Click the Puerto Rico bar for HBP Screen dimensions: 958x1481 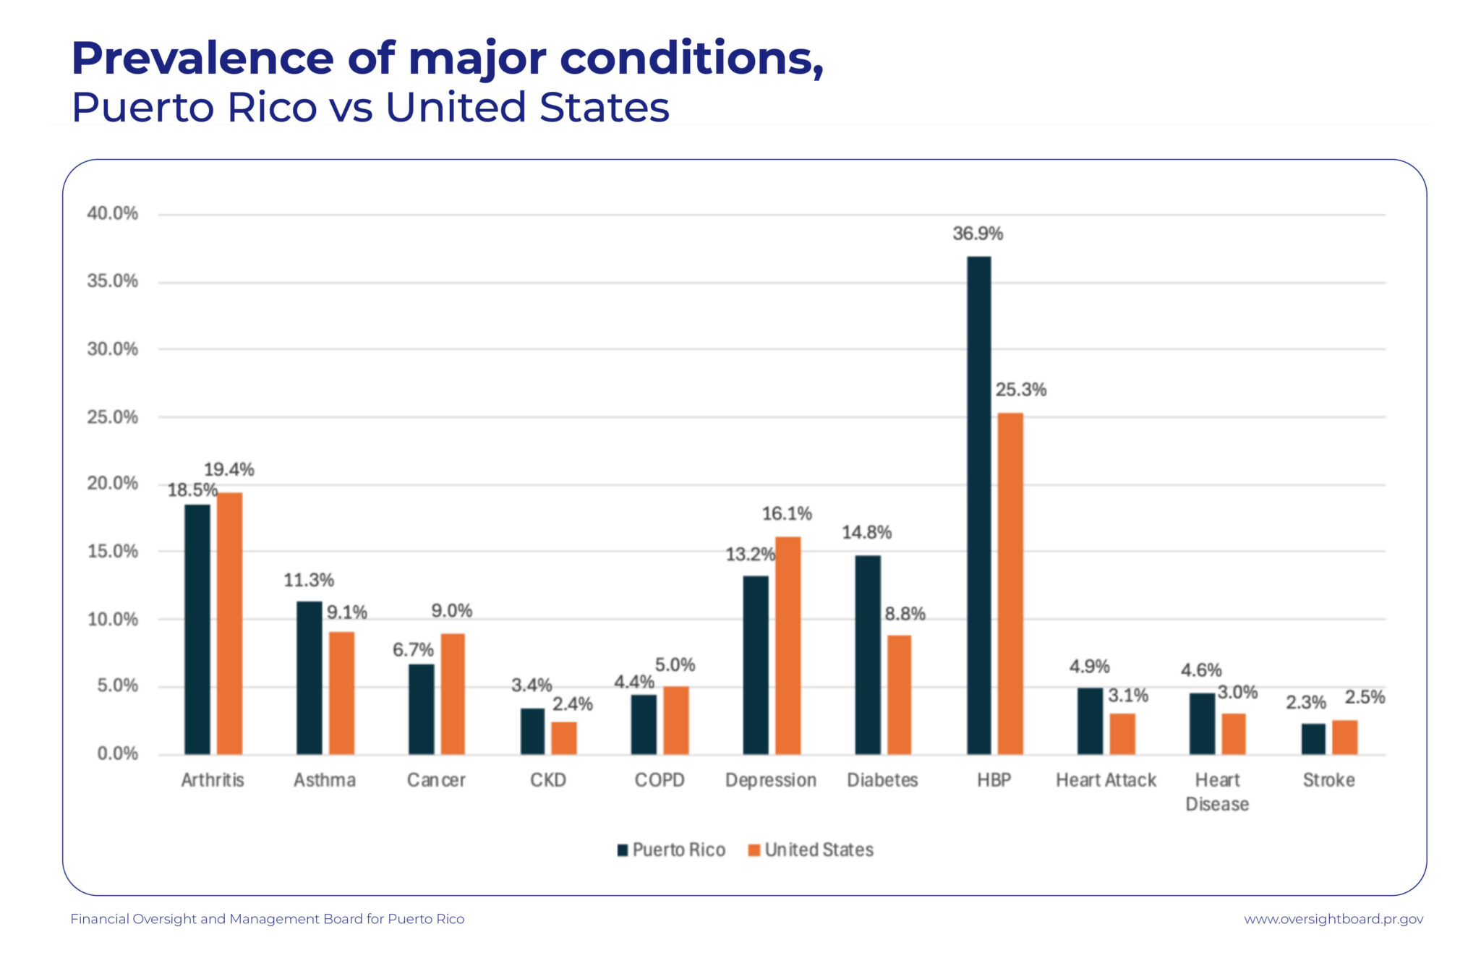pos(978,506)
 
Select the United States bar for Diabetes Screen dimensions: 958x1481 pos(899,695)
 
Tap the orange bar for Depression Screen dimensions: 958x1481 pos(788,646)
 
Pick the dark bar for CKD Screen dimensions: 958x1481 pos(532,731)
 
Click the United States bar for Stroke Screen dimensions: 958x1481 pos(1344,737)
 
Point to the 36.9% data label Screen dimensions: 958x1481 pos(978,234)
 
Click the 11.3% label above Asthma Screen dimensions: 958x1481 pos(309,580)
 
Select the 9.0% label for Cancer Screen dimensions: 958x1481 pos(451,611)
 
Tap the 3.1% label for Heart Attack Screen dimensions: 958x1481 pos(1128,696)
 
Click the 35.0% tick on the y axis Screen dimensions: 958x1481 pos(113,281)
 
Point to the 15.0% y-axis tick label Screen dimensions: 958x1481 pos(113,552)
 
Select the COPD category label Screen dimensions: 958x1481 pos(659,780)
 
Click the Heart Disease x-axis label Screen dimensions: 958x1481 pos(1217,792)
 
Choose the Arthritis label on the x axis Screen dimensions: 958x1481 pos(213,780)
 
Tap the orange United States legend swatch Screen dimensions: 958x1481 pos(754,850)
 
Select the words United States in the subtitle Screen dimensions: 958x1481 pos(527,108)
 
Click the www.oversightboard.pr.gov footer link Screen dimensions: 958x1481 pos(1333,919)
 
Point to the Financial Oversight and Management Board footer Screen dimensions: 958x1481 pos(267,919)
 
